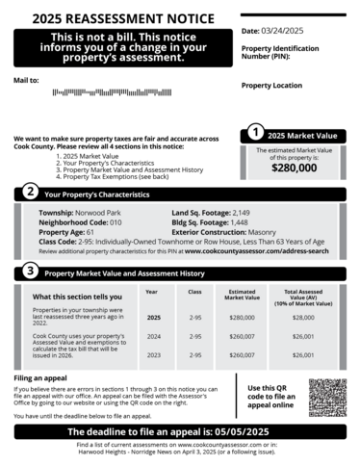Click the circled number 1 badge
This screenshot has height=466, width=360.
(x=254, y=134)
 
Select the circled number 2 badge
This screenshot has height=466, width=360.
(x=30, y=194)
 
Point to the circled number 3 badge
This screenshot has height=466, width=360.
(x=30, y=272)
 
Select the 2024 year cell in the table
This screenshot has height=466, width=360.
(x=152, y=336)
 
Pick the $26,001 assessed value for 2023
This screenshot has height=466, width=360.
(x=303, y=355)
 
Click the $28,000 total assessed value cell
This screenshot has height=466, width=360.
(x=303, y=317)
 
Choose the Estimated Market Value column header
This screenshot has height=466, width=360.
(x=243, y=294)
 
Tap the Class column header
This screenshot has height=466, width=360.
(x=194, y=291)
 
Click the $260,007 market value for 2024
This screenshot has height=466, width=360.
(x=243, y=336)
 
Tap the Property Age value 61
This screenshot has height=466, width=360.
(x=90, y=232)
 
